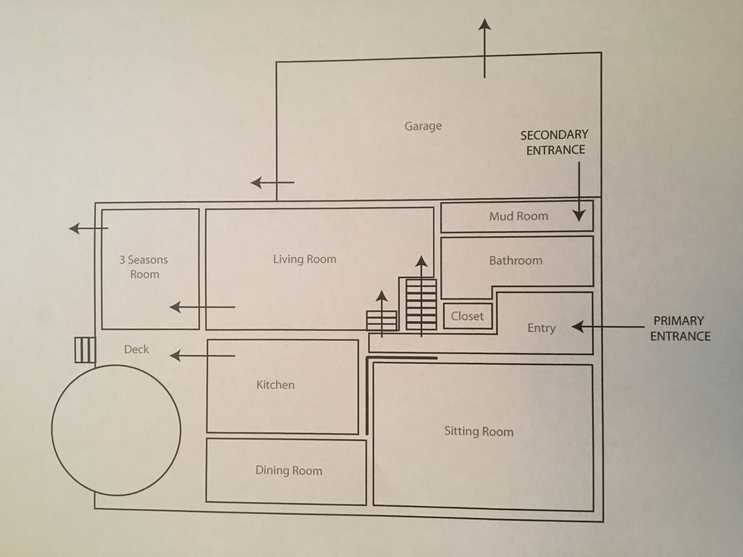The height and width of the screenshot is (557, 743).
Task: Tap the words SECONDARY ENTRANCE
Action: tap(554, 142)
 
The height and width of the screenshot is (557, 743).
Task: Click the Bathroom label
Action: tap(516, 260)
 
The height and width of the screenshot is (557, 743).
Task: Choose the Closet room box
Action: tap(468, 316)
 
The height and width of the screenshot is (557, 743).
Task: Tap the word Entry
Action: tap(541, 328)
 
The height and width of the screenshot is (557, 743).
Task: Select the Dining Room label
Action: tap(289, 470)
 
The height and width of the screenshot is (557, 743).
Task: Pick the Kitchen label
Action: tap(275, 385)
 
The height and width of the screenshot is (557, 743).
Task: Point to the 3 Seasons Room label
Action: tap(144, 267)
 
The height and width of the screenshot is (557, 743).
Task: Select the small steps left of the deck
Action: tap(85, 350)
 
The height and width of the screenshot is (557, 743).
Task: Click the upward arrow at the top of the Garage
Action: tap(484, 48)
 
